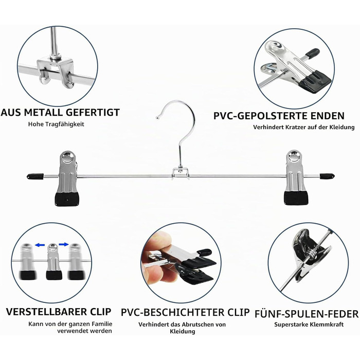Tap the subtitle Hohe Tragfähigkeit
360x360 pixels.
tap(56, 124)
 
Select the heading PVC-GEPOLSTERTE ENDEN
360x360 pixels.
tap(279, 116)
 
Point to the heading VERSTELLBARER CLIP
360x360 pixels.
tap(59, 312)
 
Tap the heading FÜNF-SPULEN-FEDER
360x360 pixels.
tap(307, 314)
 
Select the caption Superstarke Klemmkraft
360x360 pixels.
tap(309, 325)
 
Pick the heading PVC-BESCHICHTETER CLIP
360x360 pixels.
tap(185, 312)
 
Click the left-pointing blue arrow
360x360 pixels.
tap(40, 245)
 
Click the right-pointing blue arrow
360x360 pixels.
tap(64, 244)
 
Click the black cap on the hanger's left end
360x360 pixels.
tap(35, 176)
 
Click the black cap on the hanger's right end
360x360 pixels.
tap(326, 176)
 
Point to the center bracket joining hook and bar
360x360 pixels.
tap(181, 173)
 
